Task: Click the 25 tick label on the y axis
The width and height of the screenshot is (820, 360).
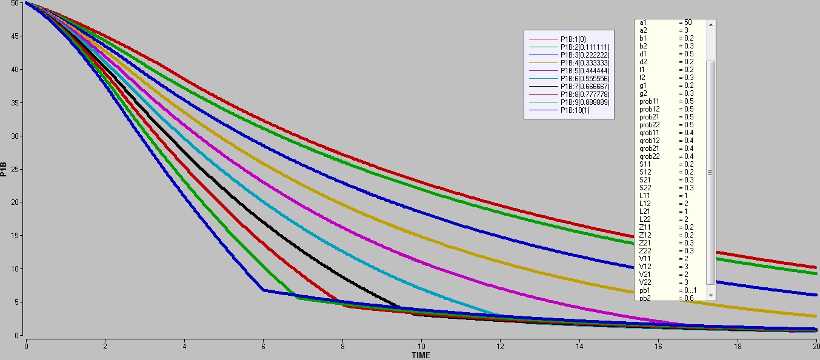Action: pos(18,169)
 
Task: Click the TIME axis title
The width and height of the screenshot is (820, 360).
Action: pos(421,355)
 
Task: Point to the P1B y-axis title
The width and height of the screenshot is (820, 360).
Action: pos(5,168)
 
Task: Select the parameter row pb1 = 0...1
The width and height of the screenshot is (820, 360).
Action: pos(667,290)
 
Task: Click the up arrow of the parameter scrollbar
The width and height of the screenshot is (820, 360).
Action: pos(711,24)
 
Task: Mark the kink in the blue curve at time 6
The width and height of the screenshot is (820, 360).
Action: pos(263,290)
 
